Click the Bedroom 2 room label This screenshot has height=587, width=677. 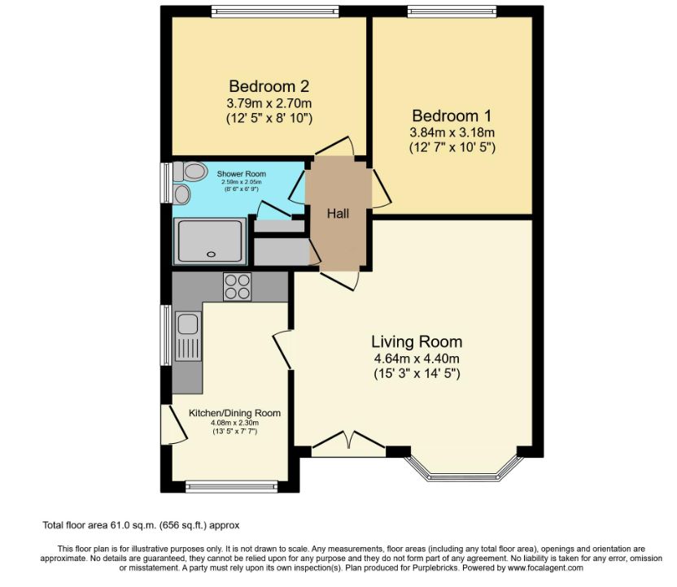click(269, 86)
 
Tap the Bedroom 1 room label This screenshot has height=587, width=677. click(452, 115)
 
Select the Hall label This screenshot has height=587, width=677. click(338, 214)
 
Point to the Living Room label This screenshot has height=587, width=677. click(417, 341)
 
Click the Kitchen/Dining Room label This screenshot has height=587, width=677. click(234, 413)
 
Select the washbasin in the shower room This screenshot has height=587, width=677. click(182, 194)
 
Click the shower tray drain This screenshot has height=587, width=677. click(212, 253)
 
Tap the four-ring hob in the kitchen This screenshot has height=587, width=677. click(238, 287)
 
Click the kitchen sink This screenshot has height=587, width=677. click(186, 325)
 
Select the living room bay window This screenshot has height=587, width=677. click(463, 471)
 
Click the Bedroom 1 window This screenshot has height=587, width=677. click(452, 11)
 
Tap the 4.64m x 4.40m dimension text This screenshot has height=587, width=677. click(417, 359)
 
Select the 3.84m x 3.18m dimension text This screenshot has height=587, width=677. click(452, 133)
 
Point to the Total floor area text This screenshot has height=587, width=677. click(141, 525)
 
